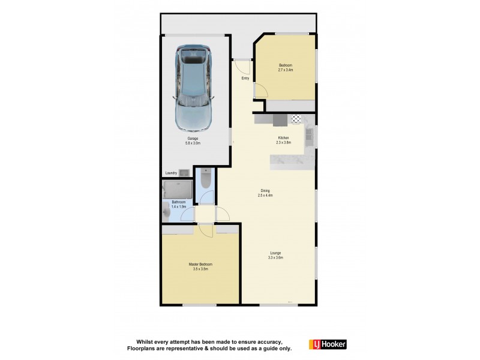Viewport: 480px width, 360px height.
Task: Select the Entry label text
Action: tap(245, 79)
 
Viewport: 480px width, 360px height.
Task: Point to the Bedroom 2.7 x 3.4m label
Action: tap(286, 68)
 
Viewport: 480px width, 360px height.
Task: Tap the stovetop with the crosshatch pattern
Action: tap(295, 120)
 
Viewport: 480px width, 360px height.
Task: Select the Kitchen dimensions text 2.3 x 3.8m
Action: tap(283, 143)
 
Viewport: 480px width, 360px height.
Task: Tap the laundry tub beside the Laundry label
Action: tap(185, 173)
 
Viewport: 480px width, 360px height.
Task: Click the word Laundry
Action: tap(170, 174)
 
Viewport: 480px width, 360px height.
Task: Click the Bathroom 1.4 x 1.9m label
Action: tap(179, 204)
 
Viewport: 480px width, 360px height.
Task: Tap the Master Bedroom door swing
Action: tap(206, 230)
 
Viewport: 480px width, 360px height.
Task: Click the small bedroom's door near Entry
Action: tap(260, 91)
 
